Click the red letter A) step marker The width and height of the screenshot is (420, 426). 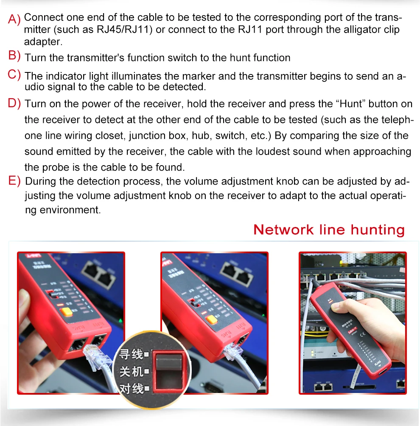click(x=14, y=19)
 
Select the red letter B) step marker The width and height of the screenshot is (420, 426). click(x=14, y=55)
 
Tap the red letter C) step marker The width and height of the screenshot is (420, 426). click(x=14, y=75)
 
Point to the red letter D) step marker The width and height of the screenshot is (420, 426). click(x=14, y=103)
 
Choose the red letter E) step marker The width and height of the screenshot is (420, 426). click(x=14, y=181)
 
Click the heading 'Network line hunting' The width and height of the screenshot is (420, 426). click(x=329, y=230)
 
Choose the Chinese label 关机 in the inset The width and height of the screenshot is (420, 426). click(x=131, y=371)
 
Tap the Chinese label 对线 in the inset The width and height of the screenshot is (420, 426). click(x=131, y=388)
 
